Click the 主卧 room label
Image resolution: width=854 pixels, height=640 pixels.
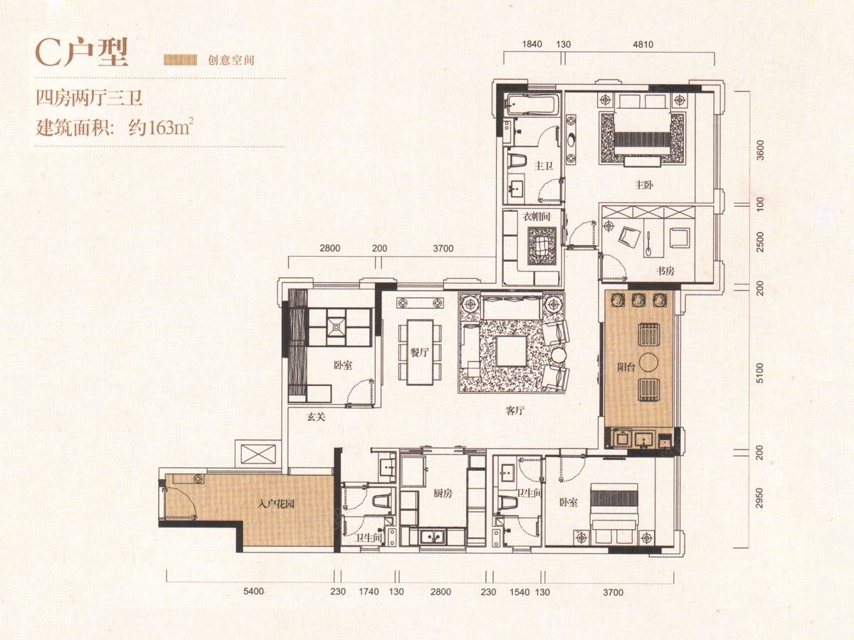click(x=644, y=185)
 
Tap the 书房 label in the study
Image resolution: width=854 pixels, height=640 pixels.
click(x=665, y=271)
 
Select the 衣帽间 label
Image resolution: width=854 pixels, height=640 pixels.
click(x=536, y=217)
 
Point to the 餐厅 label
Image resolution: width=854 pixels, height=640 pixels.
click(x=419, y=353)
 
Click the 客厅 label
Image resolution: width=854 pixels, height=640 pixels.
click(x=515, y=411)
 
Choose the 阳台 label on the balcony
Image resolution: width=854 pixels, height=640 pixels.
click(x=626, y=367)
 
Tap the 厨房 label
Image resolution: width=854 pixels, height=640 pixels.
click(x=443, y=494)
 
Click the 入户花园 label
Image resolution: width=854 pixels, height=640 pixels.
click(x=276, y=505)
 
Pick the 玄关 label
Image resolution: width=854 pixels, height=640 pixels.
click(x=316, y=417)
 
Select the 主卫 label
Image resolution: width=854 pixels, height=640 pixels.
click(x=543, y=166)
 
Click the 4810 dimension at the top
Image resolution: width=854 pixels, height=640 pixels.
click(x=643, y=44)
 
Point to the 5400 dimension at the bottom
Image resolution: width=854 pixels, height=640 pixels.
click(x=253, y=592)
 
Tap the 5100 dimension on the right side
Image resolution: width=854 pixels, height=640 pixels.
click(x=760, y=373)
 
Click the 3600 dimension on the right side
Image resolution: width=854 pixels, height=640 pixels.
click(x=760, y=150)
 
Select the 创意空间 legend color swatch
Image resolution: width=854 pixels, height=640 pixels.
click(x=180, y=60)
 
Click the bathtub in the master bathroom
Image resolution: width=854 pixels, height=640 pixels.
click(x=532, y=104)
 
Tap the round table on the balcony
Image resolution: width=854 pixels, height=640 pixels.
click(x=648, y=362)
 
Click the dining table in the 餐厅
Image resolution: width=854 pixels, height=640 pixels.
click(x=420, y=352)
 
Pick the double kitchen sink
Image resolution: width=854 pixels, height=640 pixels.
click(x=433, y=537)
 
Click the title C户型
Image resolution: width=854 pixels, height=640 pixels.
click(x=82, y=53)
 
